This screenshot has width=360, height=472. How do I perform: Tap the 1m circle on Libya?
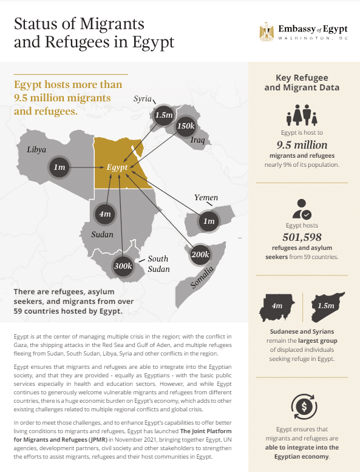point(59,167)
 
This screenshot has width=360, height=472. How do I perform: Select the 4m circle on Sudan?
point(104,214)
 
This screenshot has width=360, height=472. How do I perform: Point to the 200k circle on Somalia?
point(200,254)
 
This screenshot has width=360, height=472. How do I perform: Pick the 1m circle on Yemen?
point(209,221)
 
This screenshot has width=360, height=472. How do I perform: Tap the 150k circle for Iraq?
point(186,127)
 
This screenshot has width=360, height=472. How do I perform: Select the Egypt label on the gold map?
point(117,167)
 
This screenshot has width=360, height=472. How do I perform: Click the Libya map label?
point(36,149)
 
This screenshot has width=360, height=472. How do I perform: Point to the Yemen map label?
point(206,198)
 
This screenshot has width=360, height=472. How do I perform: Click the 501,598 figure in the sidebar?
point(302,237)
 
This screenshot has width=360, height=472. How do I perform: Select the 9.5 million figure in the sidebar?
point(302,145)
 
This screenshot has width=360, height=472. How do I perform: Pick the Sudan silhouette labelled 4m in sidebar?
point(277,308)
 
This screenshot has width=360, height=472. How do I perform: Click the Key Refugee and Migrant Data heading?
point(302,83)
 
